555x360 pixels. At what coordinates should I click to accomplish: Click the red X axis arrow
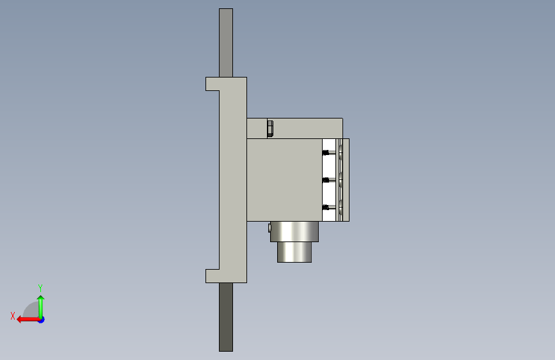[29, 320]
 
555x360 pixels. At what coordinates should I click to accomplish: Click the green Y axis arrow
[41, 307]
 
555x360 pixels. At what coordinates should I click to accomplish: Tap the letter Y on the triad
[40, 288]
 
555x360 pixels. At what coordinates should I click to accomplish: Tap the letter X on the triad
[13, 316]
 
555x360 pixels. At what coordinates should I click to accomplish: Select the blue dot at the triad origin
[42, 320]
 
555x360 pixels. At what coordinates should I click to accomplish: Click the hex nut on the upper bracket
[270, 129]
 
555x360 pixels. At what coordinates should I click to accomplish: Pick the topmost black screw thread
[326, 152]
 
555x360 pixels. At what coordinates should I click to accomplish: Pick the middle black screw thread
[326, 181]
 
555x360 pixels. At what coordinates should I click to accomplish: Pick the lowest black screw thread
[326, 208]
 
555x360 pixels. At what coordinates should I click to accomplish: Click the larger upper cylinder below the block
[294, 232]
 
